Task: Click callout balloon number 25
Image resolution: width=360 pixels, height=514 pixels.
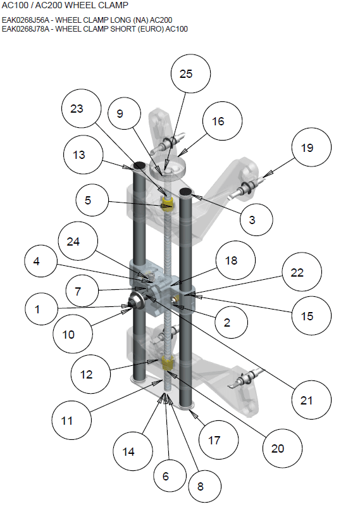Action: coord(186,74)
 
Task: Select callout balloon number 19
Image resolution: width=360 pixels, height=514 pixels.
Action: coord(307,148)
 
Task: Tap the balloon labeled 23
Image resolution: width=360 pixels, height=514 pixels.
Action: coord(77,109)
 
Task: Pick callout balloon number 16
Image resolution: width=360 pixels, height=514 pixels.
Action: coord(218,122)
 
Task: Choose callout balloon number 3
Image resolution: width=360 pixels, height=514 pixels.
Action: coord(252,220)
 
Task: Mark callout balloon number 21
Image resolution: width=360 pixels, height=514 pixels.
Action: coord(306,399)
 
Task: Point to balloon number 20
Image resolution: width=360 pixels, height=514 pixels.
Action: coord(278,449)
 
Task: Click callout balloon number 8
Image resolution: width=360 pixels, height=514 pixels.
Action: coord(201,487)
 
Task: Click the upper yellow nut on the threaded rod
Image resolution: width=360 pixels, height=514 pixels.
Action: coord(168,203)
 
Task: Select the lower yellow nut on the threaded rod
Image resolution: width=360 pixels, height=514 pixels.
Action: coord(168,364)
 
